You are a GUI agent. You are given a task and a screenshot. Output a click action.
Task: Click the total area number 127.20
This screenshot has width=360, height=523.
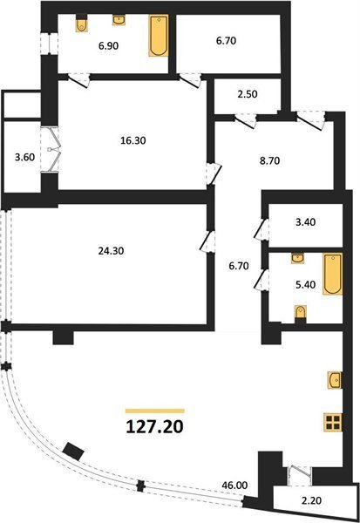[155, 426]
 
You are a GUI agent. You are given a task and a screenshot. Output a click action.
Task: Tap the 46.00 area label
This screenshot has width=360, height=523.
[234, 486]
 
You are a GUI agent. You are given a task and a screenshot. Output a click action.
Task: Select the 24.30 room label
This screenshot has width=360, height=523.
[111, 251]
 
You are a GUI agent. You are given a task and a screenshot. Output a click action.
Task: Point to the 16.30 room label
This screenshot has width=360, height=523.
[133, 140]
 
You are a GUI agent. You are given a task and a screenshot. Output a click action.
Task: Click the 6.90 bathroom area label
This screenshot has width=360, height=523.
[108, 46]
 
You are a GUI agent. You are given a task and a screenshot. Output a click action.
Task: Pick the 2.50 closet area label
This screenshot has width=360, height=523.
[247, 94]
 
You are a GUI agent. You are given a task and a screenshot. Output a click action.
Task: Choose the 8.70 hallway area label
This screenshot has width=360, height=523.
[269, 161]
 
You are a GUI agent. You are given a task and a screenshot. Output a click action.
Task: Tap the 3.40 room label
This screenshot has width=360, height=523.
[306, 221]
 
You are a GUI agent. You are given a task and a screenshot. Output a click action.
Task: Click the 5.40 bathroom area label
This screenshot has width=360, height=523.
[306, 284]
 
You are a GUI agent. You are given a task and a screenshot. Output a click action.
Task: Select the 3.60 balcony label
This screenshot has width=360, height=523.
[25, 157]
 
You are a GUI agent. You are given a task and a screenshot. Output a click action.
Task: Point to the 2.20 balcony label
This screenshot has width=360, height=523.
[311, 500]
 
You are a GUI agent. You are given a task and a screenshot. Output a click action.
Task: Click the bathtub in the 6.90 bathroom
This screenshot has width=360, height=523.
[158, 36]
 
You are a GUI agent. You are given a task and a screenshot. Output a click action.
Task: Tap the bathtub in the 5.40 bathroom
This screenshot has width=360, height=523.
[333, 274]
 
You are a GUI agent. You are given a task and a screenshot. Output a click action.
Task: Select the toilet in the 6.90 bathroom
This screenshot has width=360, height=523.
[81, 24]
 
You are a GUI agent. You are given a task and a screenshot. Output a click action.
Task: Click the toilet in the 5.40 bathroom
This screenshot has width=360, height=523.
[301, 314]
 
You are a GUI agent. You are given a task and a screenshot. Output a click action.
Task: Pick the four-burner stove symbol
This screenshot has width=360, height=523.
[334, 422]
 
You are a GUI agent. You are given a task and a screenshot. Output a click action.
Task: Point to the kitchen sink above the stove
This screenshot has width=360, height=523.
[335, 380]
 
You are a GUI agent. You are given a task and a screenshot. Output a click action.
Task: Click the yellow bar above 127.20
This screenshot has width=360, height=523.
[155, 411]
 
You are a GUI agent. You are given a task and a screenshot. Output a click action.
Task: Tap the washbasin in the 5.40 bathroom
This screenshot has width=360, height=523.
[297, 258]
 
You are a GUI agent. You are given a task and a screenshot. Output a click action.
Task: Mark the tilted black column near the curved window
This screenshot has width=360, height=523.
[73, 451]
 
